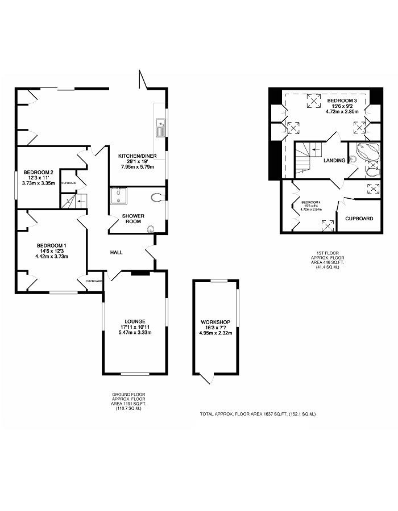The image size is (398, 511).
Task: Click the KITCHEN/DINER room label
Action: click(x=138, y=156)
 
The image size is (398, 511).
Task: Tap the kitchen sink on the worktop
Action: click(x=161, y=128)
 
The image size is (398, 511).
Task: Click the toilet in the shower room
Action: click(x=159, y=197)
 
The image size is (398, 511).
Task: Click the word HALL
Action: click(x=117, y=252)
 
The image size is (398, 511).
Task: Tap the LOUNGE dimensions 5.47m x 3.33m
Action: click(x=135, y=333)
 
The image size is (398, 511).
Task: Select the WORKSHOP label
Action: click(x=215, y=322)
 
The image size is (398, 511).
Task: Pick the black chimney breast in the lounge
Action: click(x=140, y=274)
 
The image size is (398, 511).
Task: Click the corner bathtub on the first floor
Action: click(x=368, y=152)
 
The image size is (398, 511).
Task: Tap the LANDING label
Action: click(x=334, y=160)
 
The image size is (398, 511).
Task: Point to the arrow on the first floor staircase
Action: click(x=316, y=150)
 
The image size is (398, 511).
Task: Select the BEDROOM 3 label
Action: click(x=342, y=100)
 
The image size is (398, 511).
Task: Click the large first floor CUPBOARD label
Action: click(x=359, y=219)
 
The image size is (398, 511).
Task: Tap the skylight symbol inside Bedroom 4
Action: click(x=328, y=226)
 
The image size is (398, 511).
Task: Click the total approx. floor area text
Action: click(x=258, y=414)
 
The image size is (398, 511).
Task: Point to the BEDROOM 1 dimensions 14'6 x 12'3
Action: click(x=52, y=251)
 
